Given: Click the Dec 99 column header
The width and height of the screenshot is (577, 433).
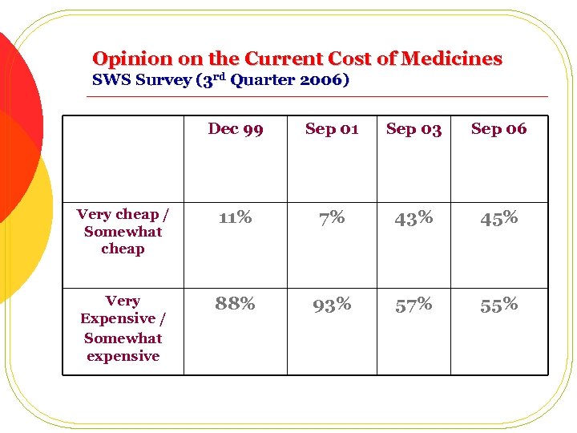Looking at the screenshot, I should pos(236,129).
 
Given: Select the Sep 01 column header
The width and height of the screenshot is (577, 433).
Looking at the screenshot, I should pos(332,129).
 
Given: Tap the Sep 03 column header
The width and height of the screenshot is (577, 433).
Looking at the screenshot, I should pos(414,129).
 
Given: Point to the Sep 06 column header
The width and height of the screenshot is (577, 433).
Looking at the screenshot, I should pos(498,129).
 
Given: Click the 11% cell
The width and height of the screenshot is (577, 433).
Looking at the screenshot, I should pos(236,217).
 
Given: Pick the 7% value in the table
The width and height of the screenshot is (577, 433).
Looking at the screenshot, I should pos(332,217).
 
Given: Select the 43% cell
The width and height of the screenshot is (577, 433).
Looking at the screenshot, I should pos(414,217).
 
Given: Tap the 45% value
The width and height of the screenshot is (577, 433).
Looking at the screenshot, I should pos(498,218).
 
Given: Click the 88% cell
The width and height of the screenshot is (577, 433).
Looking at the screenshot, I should pos(236,304).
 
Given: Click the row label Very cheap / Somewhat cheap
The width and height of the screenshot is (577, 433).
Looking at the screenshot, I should pos(123,232).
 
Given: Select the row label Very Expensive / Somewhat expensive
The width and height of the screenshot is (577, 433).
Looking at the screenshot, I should pos(123,329).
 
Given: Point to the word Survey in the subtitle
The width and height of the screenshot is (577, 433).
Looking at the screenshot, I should pos(149,80).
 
